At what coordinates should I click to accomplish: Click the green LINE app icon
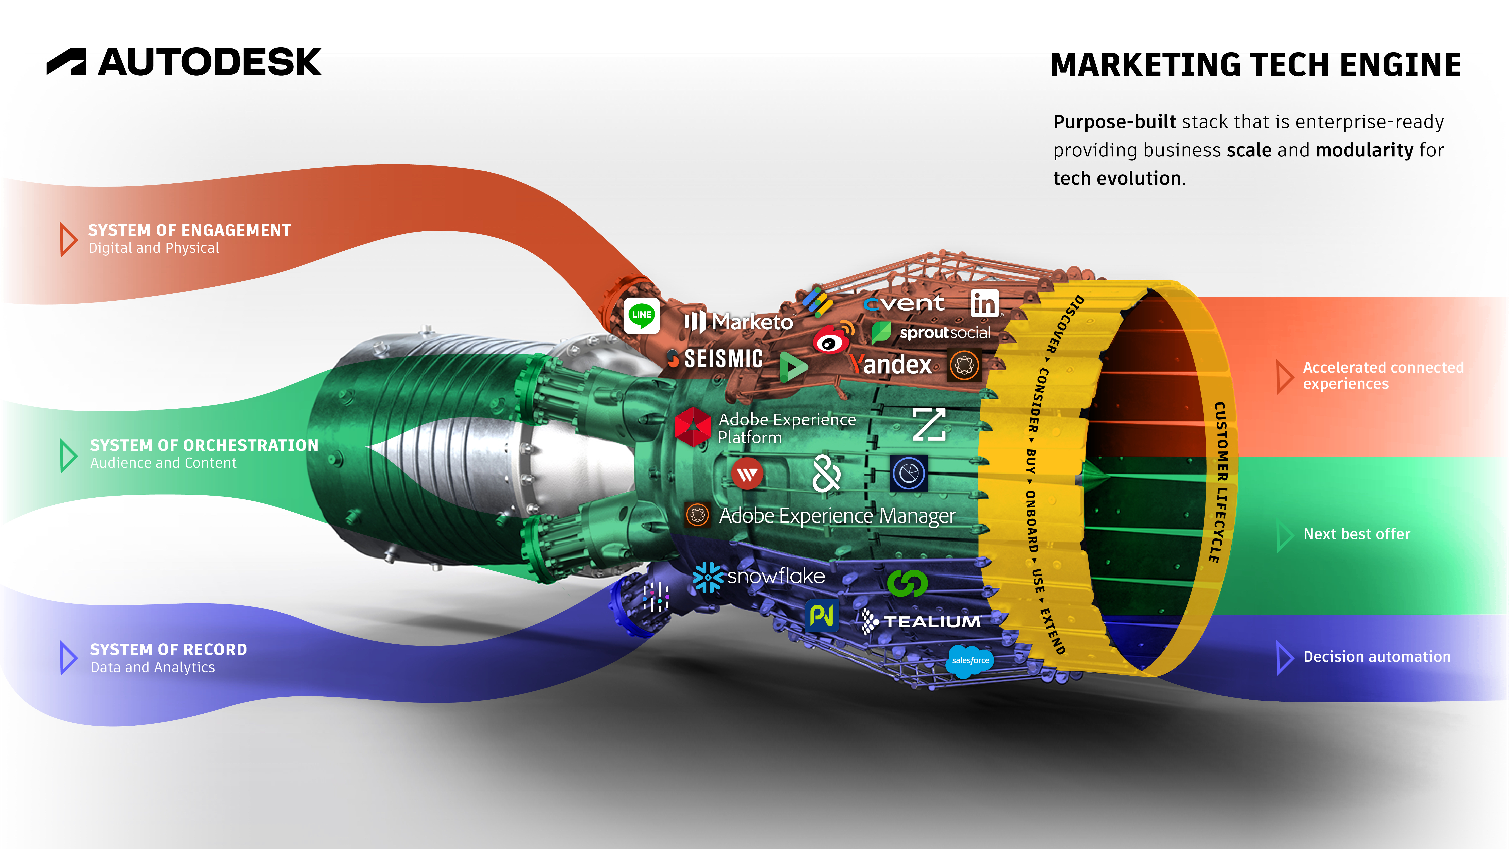coord(641,315)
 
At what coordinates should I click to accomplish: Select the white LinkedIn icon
coord(984,303)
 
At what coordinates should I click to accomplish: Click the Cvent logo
coord(904,303)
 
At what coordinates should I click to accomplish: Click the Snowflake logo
coord(759,577)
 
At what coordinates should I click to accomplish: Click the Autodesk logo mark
coord(66,62)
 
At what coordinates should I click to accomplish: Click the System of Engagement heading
coord(189,230)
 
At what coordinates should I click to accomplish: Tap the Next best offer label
coord(1356,534)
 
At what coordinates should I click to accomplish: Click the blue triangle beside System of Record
coord(68,657)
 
